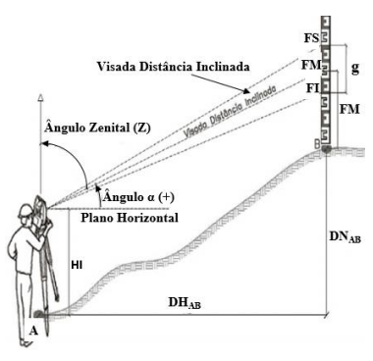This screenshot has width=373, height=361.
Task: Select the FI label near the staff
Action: tap(311, 87)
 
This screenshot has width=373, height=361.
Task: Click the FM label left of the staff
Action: tap(311, 65)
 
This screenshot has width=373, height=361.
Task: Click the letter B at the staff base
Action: tap(315, 144)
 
